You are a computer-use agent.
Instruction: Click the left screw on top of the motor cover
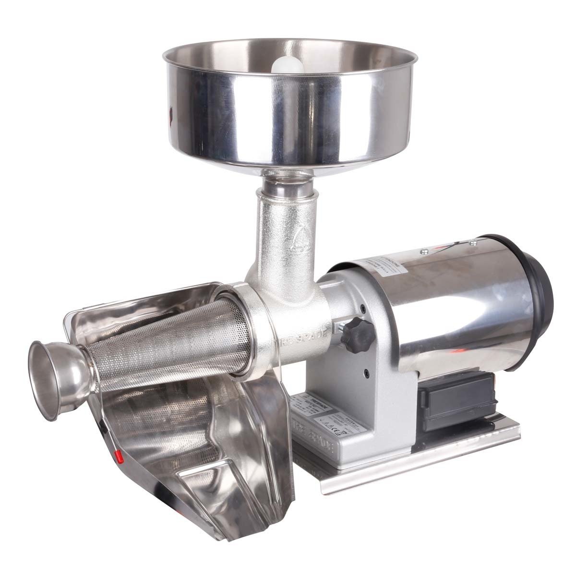(425, 250)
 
